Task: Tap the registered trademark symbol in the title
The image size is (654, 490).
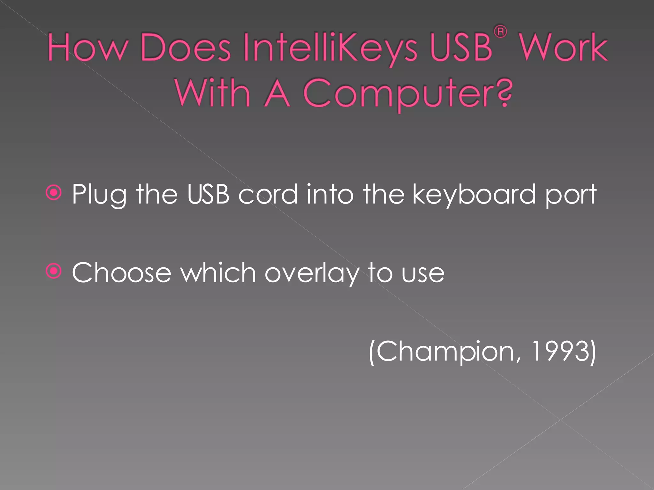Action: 500,32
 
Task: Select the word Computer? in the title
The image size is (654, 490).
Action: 407,93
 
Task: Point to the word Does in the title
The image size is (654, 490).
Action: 185,48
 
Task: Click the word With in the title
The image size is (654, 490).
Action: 212,93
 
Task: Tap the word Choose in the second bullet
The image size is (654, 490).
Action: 122,273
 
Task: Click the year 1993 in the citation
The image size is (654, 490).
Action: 559,351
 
